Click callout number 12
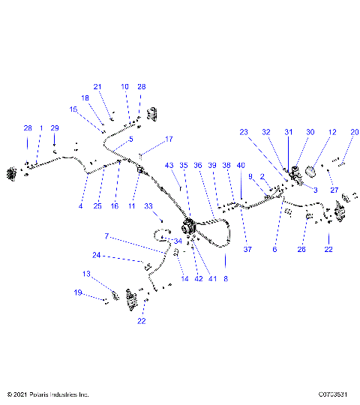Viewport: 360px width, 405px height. pyautogui.click(x=331, y=132)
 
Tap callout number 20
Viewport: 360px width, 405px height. pyautogui.click(x=354, y=132)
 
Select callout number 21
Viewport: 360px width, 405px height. pyautogui.click(x=97, y=86)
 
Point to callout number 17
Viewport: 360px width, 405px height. pyautogui.click(x=169, y=139)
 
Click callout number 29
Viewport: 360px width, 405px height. pyautogui.click(x=54, y=128)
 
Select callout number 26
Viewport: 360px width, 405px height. pyautogui.click(x=302, y=249)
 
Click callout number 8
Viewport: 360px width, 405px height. pyautogui.click(x=226, y=277)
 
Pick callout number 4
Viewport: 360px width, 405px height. pyautogui.click(x=81, y=205)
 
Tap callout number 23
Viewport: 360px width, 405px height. pyautogui.click(x=243, y=132)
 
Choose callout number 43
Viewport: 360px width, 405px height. pyautogui.click(x=169, y=165)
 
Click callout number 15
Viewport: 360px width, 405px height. pyautogui.click(x=73, y=109)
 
